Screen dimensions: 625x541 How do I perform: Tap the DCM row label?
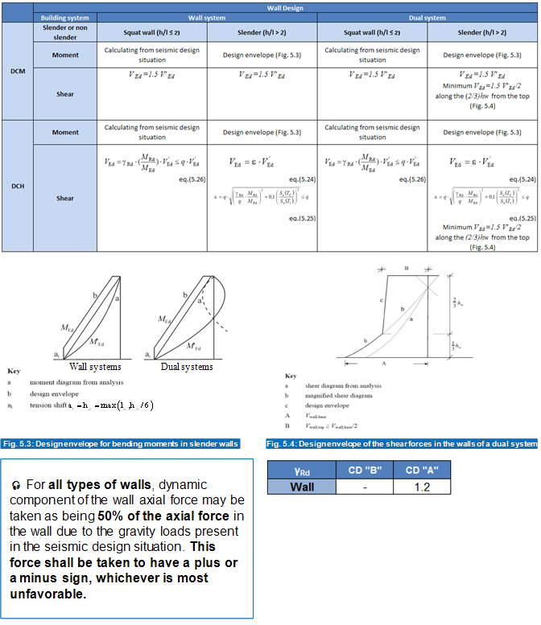pos(17,71)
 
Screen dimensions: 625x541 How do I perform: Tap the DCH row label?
pos(17,186)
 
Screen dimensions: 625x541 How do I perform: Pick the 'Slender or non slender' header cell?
pos(65,31)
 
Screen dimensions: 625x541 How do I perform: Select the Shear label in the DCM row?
pos(65,94)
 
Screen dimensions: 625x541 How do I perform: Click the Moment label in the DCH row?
pos(65,132)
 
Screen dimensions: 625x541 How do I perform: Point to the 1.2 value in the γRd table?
pos(422,487)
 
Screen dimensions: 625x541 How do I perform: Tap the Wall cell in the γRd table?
pos(301,487)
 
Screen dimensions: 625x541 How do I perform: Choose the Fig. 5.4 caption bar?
pos(401,444)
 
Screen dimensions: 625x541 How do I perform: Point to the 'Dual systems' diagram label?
pos(186,367)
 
